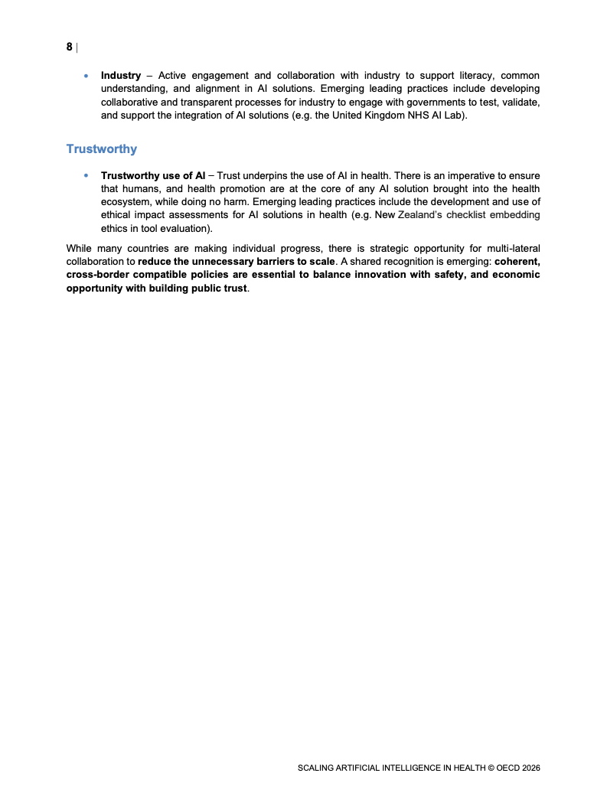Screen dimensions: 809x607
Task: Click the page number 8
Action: pos(70,47)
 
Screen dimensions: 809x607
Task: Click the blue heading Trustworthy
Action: pos(102,148)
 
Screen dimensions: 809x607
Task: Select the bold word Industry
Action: pos(121,76)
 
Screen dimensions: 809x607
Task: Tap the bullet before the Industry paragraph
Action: pos(86,76)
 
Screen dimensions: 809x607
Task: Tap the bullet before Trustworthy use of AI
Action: pos(86,176)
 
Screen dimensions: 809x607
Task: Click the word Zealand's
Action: pos(422,215)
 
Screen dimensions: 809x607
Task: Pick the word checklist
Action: pos(471,215)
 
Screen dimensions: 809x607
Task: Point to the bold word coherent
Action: pos(517,261)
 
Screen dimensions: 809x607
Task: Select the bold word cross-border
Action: pos(97,274)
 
